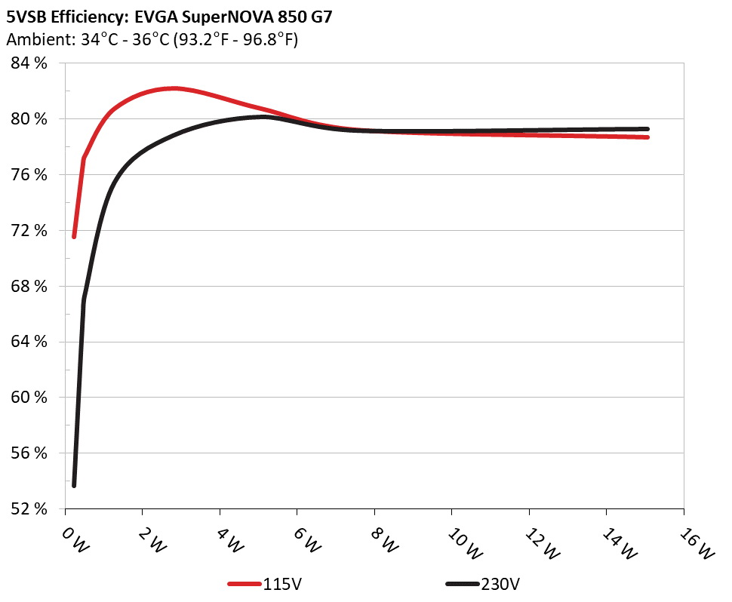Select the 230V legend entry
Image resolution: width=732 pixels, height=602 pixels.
pyautogui.click(x=500, y=583)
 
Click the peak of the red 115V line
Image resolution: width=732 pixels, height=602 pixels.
pyautogui.click(x=174, y=88)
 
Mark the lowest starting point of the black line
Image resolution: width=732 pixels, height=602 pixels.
pyautogui.click(x=74, y=485)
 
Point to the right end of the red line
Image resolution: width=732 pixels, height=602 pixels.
pyautogui.click(x=647, y=137)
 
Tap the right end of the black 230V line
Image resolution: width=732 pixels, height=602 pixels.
pyautogui.click(x=647, y=129)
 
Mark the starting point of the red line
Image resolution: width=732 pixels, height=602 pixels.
pyautogui.click(x=74, y=237)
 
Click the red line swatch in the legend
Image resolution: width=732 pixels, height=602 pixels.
pyautogui.click(x=245, y=584)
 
